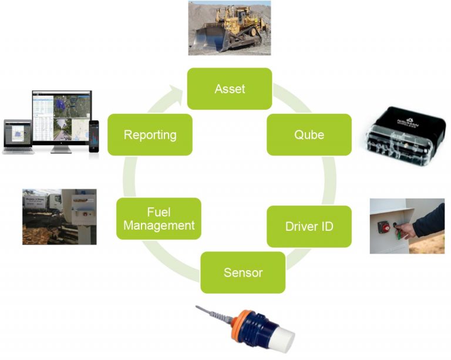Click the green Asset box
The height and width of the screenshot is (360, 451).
tap(230, 89)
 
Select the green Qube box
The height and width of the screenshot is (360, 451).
tap(309, 134)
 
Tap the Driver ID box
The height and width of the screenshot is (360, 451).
tap(309, 226)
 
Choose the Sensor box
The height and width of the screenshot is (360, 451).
tap(243, 272)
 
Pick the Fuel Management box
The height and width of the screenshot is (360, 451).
tap(159, 218)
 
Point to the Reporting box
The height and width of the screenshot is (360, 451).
tap(150, 134)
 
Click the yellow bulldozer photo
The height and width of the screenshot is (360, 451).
tap(229, 28)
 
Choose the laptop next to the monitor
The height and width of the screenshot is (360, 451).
tap(17, 136)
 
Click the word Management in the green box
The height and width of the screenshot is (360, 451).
tap(159, 226)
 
